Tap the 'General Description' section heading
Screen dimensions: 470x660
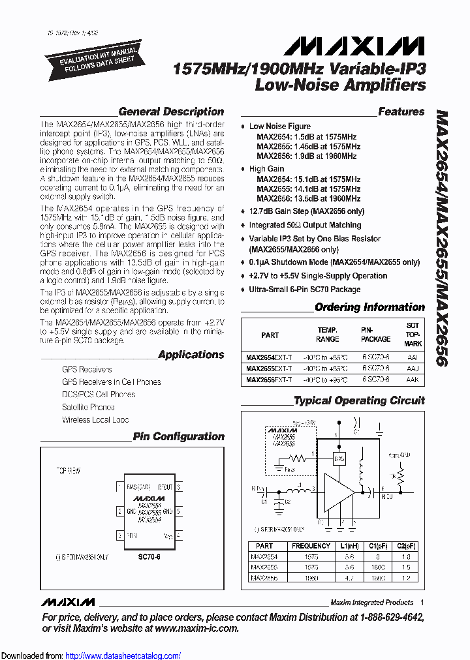[x=171, y=112]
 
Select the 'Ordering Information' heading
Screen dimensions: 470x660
[x=369, y=307]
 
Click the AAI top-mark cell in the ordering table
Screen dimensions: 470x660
[x=412, y=357]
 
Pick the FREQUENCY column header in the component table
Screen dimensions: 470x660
[x=311, y=546]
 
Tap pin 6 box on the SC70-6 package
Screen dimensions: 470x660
[x=180, y=487]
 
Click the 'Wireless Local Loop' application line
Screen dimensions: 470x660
[x=95, y=420]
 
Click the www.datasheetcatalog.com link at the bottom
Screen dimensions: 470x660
[x=123, y=655]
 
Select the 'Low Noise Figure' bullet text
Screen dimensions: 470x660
[x=280, y=127]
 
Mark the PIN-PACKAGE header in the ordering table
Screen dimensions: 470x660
[x=375, y=335]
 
